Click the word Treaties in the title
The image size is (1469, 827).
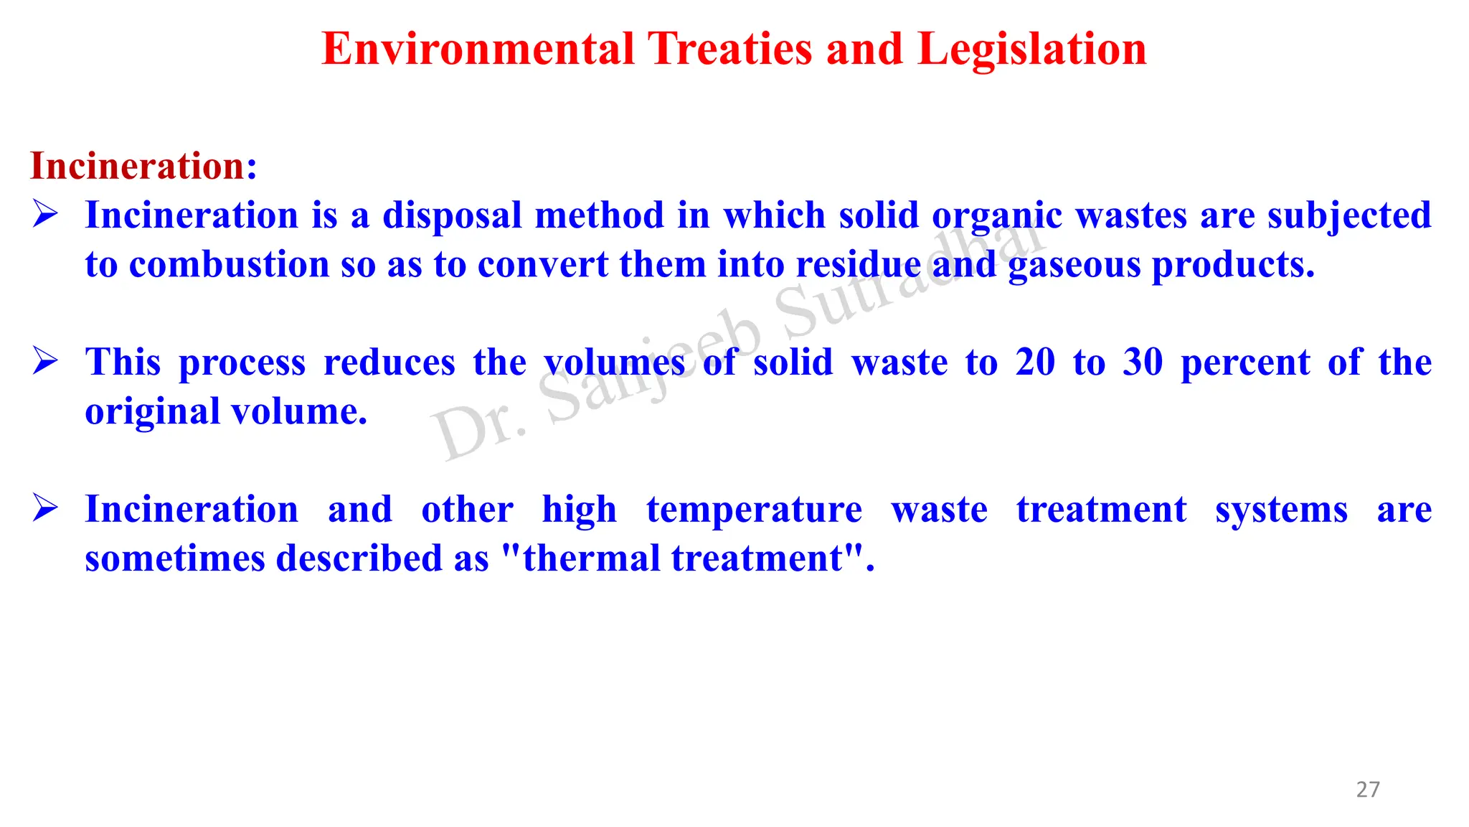click(x=730, y=50)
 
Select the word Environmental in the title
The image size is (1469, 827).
click(x=478, y=50)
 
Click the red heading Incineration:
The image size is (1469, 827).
click(x=143, y=166)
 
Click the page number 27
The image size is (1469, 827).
click(x=1367, y=790)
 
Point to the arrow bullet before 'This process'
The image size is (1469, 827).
click(x=45, y=360)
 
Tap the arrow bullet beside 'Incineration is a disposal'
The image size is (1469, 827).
click(x=45, y=214)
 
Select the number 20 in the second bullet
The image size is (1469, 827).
click(x=1035, y=362)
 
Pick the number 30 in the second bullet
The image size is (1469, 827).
click(x=1143, y=362)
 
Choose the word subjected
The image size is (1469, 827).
click(x=1349, y=216)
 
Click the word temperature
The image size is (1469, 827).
click(x=754, y=510)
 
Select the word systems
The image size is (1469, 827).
click(x=1281, y=510)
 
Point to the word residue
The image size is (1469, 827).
click(x=858, y=264)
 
